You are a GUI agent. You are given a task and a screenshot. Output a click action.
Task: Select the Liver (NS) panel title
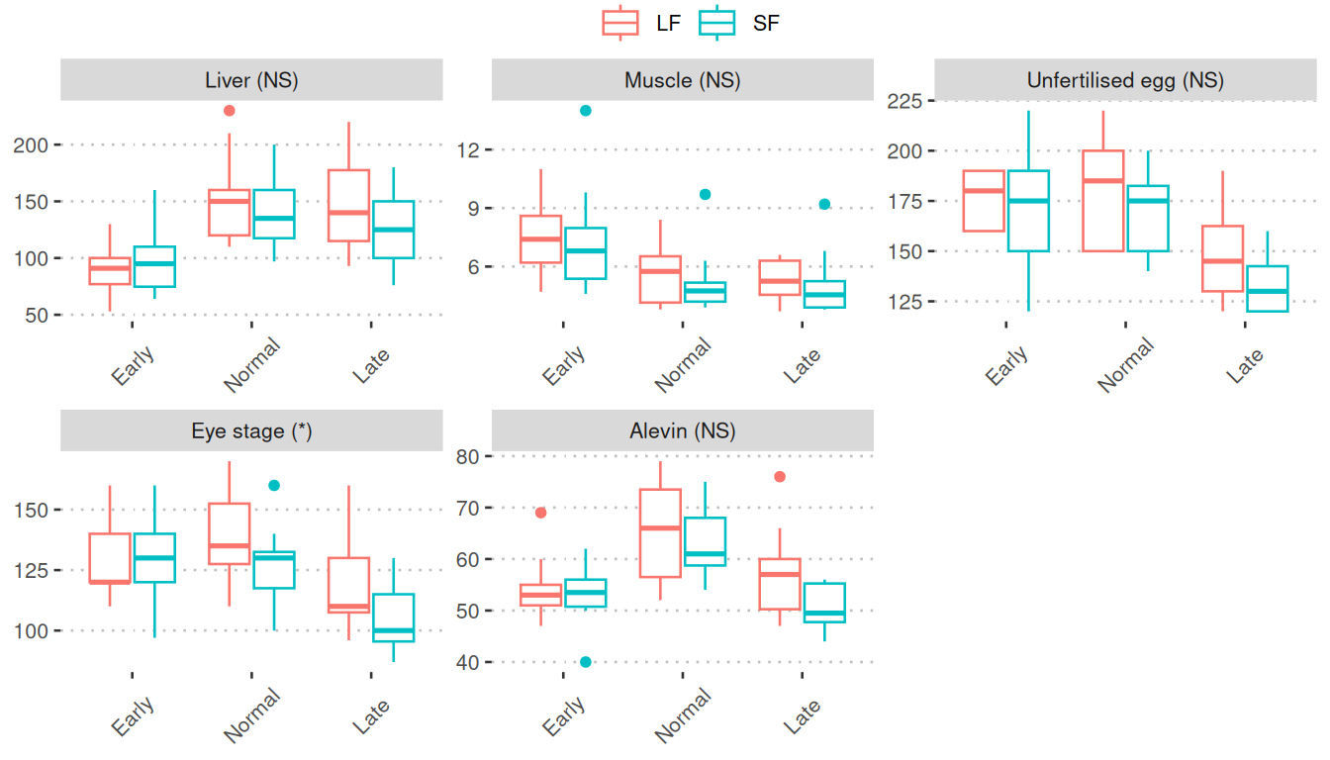[x=251, y=80]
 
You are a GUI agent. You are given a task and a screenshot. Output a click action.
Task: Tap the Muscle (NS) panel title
[x=683, y=80]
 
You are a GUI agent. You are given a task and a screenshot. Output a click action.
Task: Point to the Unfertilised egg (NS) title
[x=1125, y=80]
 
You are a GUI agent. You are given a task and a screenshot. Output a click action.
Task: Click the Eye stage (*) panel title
[x=251, y=431]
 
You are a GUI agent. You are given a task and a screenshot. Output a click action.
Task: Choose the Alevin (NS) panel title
[x=683, y=431]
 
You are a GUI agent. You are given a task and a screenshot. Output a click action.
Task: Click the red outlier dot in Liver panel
[x=230, y=111]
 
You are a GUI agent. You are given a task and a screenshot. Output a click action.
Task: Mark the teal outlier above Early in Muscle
[x=586, y=111]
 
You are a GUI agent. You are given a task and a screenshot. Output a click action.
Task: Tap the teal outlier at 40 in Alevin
[x=586, y=662]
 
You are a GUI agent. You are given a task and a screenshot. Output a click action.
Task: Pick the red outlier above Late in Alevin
[x=780, y=477]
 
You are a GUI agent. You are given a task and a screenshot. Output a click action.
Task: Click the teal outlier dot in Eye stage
[x=274, y=485]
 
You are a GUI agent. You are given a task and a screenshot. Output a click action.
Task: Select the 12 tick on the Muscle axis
[x=468, y=149]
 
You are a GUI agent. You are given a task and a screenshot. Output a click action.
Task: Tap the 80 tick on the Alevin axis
[x=468, y=456]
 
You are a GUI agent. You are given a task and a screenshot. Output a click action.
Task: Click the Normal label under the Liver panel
[x=251, y=365]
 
